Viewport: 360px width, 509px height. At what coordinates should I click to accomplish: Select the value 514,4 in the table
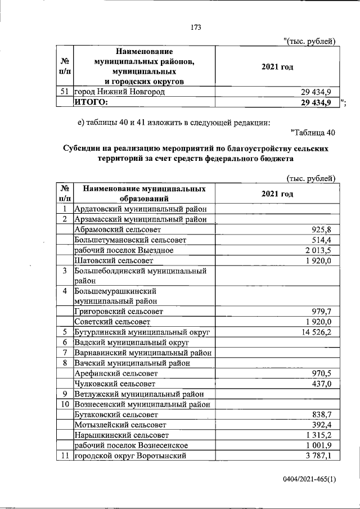322,240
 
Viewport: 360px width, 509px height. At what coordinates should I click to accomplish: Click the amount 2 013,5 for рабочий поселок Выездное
318,250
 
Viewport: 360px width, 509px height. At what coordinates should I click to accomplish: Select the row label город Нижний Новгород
119,92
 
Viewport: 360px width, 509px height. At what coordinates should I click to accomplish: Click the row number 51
64,92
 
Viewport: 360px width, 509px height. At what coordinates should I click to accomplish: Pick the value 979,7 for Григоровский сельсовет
322,312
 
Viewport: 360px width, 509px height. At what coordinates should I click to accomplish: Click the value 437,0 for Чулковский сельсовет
322,383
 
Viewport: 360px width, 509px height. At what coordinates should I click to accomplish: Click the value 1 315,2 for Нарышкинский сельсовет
319,435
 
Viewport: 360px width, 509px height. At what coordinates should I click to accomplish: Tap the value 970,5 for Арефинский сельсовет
322,373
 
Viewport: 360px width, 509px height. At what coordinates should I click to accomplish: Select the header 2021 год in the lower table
277,193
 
